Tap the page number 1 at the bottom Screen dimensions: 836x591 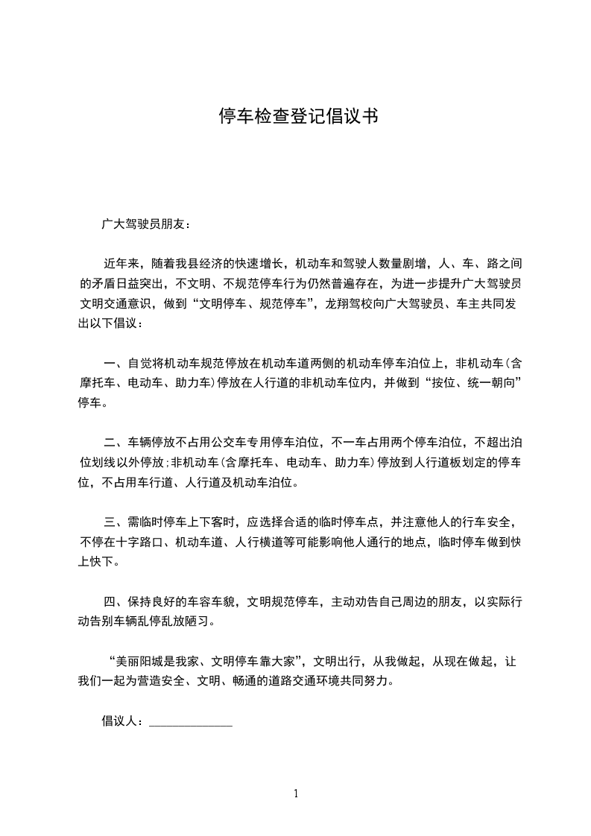pos(296,794)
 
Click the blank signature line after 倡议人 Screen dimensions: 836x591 pos(192,721)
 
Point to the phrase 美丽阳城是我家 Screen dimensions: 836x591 pos(155,662)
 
